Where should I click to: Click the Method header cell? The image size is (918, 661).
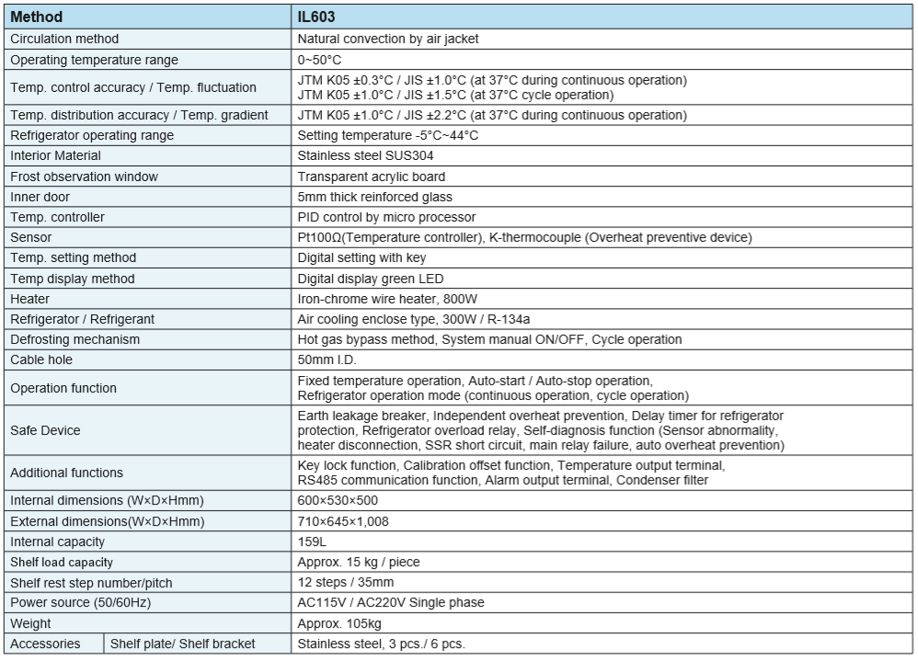[x=37, y=17]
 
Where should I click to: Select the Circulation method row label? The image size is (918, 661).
[x=64, y=39]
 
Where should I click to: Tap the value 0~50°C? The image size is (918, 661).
[x=320, y=60]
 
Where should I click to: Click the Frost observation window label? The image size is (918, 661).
[x=84, y=177]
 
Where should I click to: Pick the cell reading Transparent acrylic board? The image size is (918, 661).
[x=372, y=177]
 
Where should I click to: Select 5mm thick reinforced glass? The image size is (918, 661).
[x=375, y=197]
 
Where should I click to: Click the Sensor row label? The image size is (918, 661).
[x=31, y=237]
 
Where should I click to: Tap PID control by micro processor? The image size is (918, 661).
[x=386, y=217]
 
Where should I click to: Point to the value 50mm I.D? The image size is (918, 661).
[x=327, y=359]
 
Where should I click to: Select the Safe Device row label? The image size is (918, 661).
[x=45, y=430]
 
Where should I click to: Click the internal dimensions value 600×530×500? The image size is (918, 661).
[x=338, y=500]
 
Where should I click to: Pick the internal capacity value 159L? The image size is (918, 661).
[x=314, y=541]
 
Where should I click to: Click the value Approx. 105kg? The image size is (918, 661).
[x=340, y=623]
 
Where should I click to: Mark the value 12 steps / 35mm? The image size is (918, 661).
[x=346, y=583]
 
